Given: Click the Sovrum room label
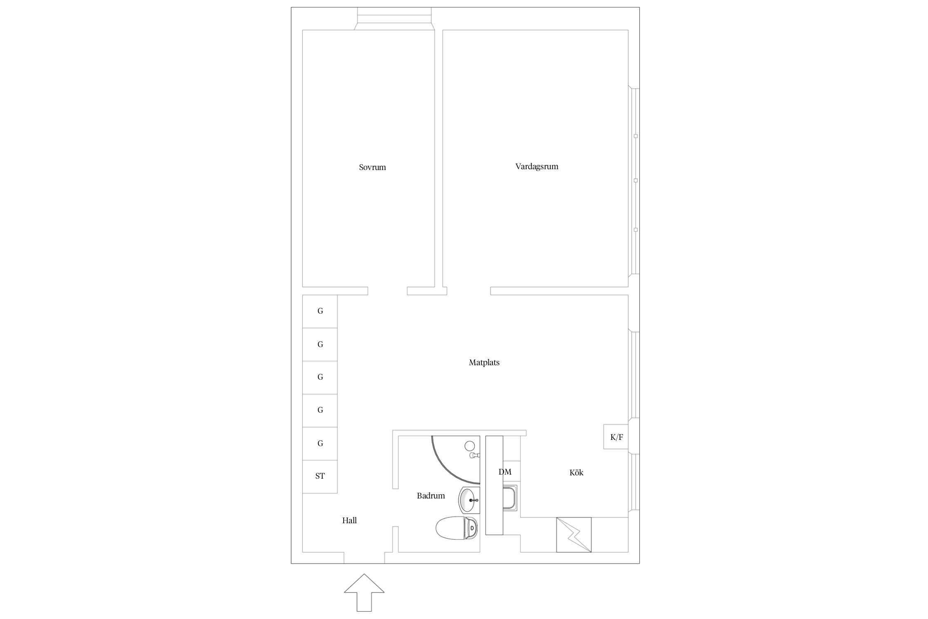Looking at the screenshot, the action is pyautogui.click(x=372, y=167).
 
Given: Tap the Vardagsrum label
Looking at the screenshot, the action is pyautogui.click(x=537, y=166).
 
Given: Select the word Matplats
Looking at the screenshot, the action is pyautogui.click(x=484, y=362).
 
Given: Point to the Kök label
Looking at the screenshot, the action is pyautogui.click(x=576, y=473).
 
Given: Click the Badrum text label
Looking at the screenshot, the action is pyautogui.click(x=431, y=496).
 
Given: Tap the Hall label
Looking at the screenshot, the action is pyautogui.click(x=349, y=520).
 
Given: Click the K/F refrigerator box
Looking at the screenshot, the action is pyautogui.click(x=616, y=437).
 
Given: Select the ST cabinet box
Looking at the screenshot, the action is pyautogui.click(x=320, y=477).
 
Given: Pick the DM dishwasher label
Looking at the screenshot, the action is pyautogui.click(x=505, y=472).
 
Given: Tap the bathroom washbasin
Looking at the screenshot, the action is pyautogui.click(x=469, y=500).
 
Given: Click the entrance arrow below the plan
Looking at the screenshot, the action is pyautogui.click(x=364, y=592).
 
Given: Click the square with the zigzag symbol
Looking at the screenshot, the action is pyautogui.click(x=574, y=535).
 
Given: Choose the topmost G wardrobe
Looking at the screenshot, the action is pyautogui.click(x=320, y=312).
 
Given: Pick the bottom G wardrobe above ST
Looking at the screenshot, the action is pyautogui.click(x=320, y=444).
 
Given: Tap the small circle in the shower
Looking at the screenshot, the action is pyautogui.click(x=470, y=446).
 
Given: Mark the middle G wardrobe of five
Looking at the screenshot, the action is pyautogui.click(x=320, y=378).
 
